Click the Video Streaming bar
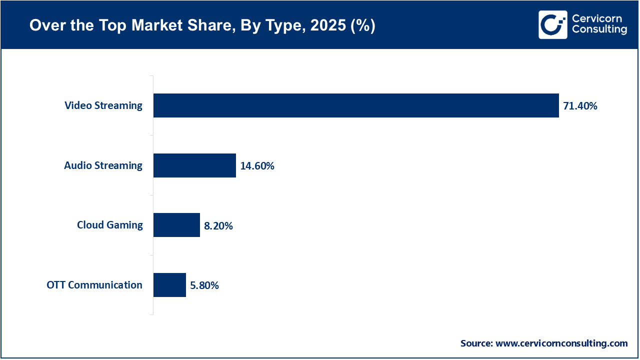pos(356,105)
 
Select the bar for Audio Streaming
pos(194,165)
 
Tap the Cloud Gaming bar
pos(176,225)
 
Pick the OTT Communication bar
pos(169,285)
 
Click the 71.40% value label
pos(580,106)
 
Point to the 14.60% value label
pos(257,166)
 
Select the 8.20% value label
pos(218,225)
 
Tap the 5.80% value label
pos(204,285)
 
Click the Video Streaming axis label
pos(103,105)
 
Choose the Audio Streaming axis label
pos(103,165)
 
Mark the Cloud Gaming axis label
pos(109,225)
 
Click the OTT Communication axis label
pos(94,285)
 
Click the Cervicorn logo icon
pos(553,24)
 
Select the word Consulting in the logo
pos(599,30)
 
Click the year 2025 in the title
pos(327,26)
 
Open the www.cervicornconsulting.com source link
pos(561,343)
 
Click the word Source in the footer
pos(475,343)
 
